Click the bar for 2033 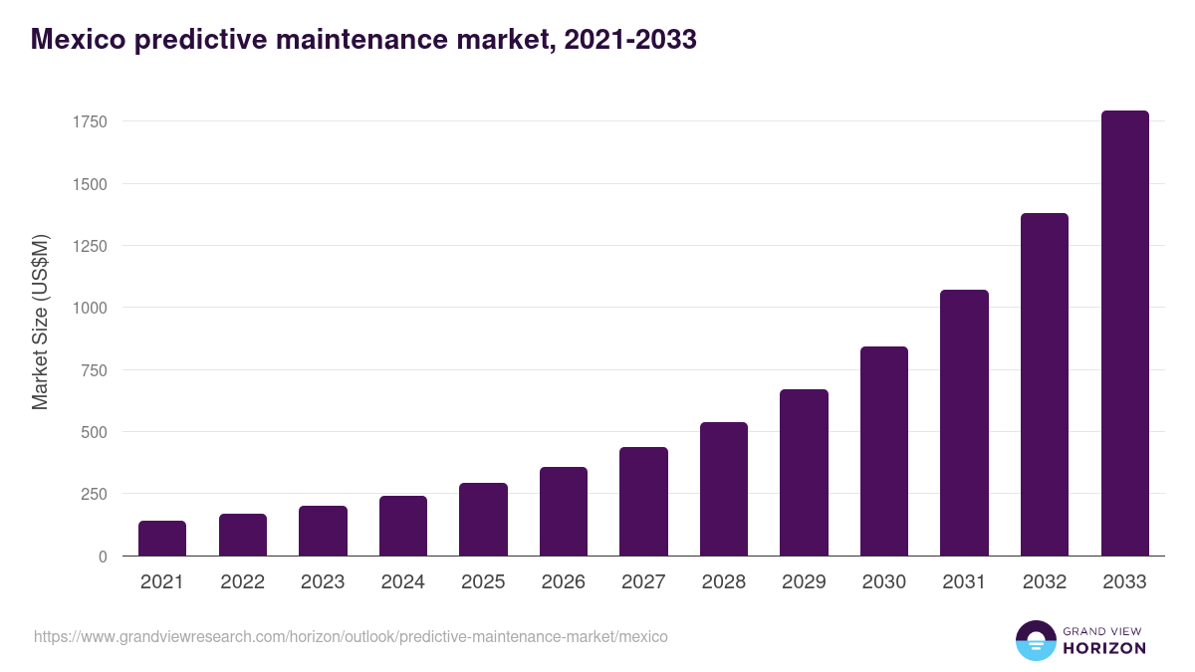tap(1124, 334)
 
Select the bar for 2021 tap(162, 539)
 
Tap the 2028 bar tap(724, 489)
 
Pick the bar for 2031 tap(964, 423)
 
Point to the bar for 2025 tap(483, 520)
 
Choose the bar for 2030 tap(884, 451)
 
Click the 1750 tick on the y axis tap(89, 122)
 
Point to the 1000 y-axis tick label tap(89, 308)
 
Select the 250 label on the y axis tap(94, 494)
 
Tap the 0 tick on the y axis tap(103, 557)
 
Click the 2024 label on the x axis tap(402, 582)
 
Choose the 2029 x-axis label tap(804, 582)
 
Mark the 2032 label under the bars tap(1045, 582)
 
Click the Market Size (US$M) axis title tap(40, 322)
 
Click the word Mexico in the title tap(76, 40)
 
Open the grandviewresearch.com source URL tap(351, 636)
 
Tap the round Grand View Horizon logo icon tap(1035, 641)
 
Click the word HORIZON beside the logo tap(1104, 648)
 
